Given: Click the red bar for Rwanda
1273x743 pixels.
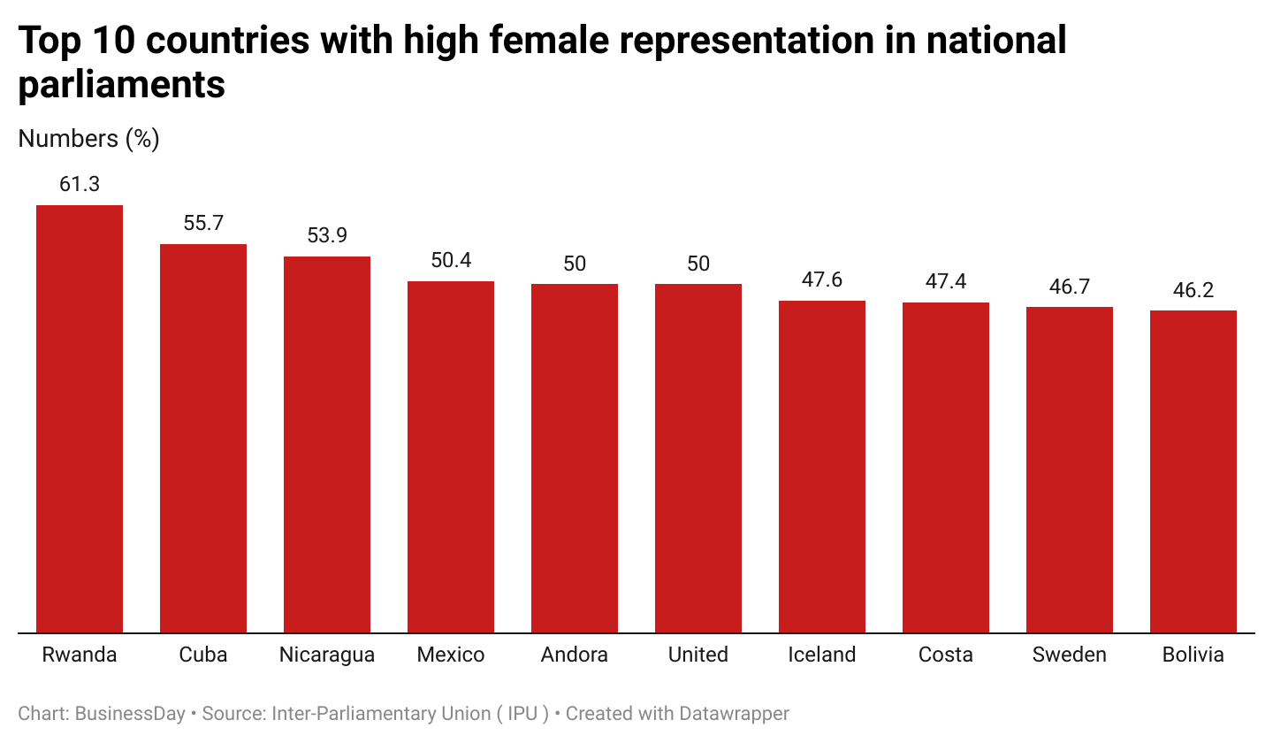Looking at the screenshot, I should click(80, 419).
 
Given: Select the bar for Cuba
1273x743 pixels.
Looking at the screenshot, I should click(203, 439).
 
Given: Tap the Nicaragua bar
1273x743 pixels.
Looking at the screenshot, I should click(327, 445).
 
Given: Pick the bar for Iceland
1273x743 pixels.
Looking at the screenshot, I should click(822, 467).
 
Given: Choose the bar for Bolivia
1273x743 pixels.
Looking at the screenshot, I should click(1193, 471).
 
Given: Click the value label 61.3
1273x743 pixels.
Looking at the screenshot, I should click(80, 185).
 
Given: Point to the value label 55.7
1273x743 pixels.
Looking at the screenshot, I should click(203, 224).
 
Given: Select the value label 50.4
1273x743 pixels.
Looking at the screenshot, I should click(451, 261).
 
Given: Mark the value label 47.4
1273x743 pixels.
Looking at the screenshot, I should click(946, 282).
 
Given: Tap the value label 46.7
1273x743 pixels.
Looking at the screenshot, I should click(1070, 287).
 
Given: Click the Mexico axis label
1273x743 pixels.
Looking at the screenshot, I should click(451, 655).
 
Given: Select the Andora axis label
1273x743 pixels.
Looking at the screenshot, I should click(575, 655).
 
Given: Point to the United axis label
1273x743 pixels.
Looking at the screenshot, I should click(698, 655).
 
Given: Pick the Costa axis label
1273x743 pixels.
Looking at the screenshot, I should click(946, 655).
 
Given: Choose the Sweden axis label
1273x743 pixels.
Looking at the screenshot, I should click(1070, 655).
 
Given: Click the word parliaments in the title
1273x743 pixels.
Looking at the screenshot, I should click(122, 85).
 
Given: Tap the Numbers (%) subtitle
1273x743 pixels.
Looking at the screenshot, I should click(88, 139).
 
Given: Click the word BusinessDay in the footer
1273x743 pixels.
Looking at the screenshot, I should click(130, 714).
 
